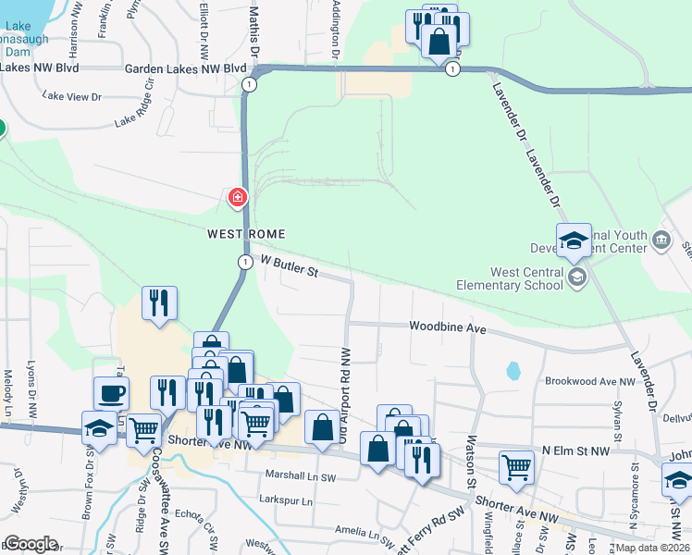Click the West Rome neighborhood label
coord(246,234)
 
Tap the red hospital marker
coord(239,198)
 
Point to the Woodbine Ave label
coord(448,327)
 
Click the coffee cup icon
coord(111,393)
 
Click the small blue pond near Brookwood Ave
coord(513,372)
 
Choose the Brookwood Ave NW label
coord(590,381)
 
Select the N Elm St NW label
coord(575,450)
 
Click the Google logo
coord(31,544)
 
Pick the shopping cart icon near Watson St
coord(516,465)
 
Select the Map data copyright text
coord(652,548)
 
